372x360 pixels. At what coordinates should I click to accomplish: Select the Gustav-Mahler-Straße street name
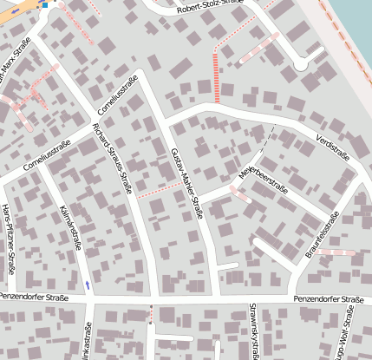(x=186, y=183)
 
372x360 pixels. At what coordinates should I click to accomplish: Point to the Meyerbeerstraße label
(x=262, y=177)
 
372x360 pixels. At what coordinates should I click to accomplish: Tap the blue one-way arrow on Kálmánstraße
(x=87, y=284)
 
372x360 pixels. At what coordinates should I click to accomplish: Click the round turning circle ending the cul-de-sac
(x=301, y=64)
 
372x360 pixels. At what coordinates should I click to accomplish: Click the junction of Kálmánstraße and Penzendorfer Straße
(x=88, y=298)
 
